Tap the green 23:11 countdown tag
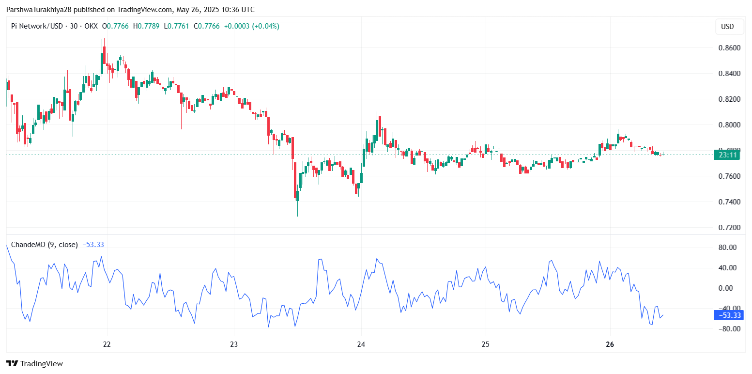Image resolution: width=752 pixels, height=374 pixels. [728, 155]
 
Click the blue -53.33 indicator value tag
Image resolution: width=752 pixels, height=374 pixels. [729, 315]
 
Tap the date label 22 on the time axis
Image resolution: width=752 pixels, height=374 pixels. [107, 344]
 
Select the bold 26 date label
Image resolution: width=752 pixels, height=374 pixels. [610, 344]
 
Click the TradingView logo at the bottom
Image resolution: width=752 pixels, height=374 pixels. [35, 363]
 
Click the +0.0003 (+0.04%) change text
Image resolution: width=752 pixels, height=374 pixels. [252, 26]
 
